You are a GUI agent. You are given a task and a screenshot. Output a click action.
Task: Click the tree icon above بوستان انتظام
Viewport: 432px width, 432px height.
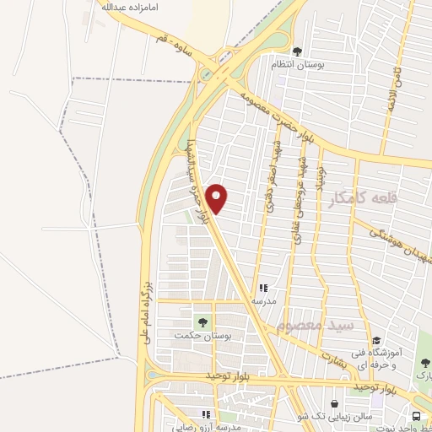click(x=296, y=51)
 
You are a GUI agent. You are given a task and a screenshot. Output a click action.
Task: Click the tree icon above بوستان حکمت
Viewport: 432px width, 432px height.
click(x=202, y=321)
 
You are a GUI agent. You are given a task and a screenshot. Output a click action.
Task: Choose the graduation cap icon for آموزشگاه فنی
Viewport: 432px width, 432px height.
click(x=376, y=340)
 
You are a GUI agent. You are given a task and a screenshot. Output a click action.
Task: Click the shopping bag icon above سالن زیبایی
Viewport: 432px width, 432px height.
click(x=336, y=404)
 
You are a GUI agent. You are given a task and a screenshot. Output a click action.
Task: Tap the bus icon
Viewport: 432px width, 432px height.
click(x=418, y=416)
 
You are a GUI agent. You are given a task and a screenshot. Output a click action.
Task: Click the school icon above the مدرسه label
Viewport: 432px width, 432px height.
click(x=262, y=287)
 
